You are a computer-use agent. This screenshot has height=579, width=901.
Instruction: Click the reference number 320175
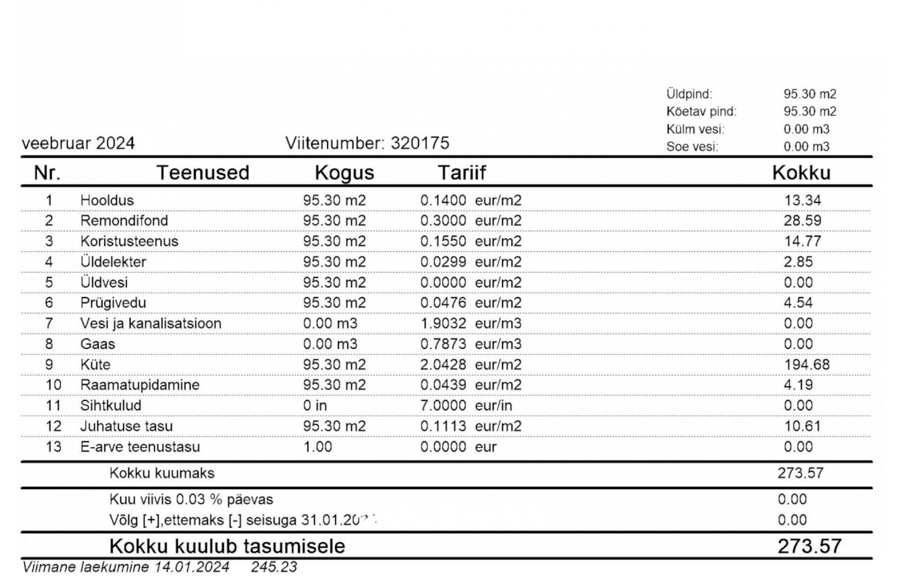(x=420, y=144)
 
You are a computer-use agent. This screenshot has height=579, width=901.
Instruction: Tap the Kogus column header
(x=344, y=174)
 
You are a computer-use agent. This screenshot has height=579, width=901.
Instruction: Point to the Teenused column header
(x=204, y=174)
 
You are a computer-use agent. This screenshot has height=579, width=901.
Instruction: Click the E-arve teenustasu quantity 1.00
(x=317, y=447)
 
